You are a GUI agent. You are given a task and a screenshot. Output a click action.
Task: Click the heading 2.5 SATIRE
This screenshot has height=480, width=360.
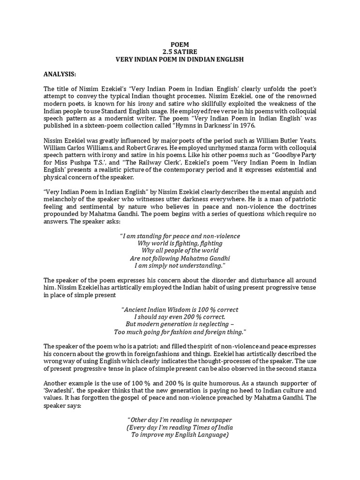[x=180, y=52]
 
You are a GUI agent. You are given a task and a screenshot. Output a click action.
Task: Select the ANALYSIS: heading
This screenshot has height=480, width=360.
[x=60, y=74]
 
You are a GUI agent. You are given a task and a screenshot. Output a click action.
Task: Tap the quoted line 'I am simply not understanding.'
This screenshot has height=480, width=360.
[x=180, y=265]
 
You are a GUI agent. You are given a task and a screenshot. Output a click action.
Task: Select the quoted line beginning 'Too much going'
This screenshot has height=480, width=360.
[x=180, y=332]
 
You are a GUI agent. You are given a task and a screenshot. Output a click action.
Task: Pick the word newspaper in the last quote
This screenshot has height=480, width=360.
[x=215, y=420]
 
